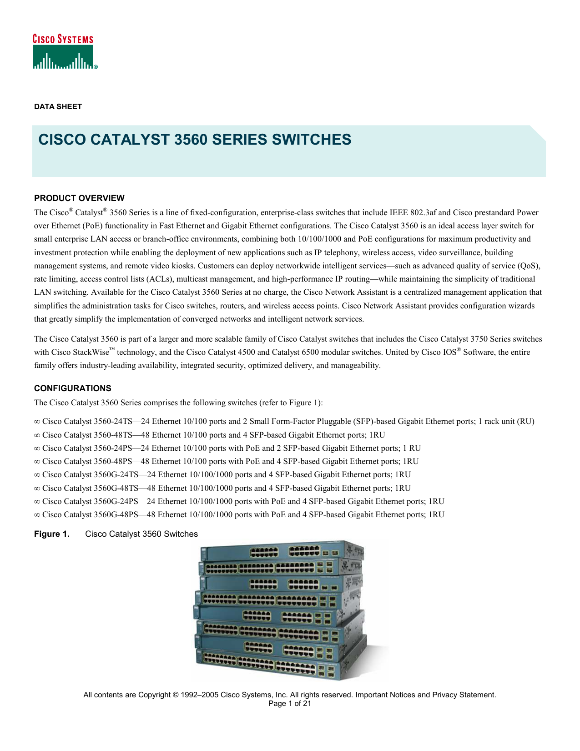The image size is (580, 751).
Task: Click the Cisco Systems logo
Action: point(64,52)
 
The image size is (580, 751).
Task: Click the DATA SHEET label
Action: point(58,106)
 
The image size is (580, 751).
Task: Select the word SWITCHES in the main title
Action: point(312,139)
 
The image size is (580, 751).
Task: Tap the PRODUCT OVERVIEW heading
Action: point(79,198)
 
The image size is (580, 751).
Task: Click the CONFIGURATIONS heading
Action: point(73,388)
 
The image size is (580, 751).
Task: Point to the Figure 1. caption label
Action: point(52,534)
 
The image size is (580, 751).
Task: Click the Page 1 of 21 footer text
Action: point(290,704)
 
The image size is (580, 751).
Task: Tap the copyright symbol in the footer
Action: point(176,695)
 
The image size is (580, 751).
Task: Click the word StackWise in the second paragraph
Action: point(91,352)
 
